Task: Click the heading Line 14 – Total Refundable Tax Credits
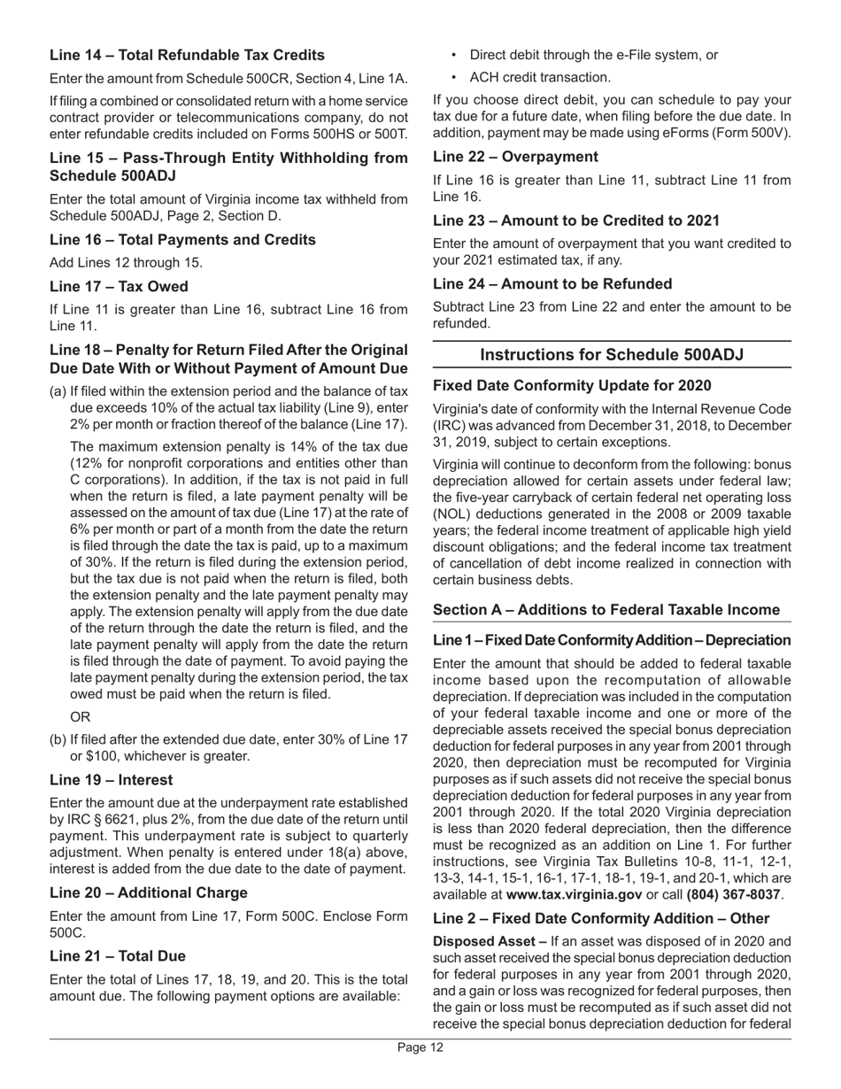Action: pyautogui.click(x=187, y=55)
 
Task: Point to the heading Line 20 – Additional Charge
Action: pyautogui.click(x=149, y=892)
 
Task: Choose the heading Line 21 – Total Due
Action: pyautogui.click(x=122, y=955)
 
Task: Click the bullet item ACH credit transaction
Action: pyautogui.click(x=539, y=77)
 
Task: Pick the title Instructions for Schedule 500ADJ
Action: pyautogui.click(x=611, y=354)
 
